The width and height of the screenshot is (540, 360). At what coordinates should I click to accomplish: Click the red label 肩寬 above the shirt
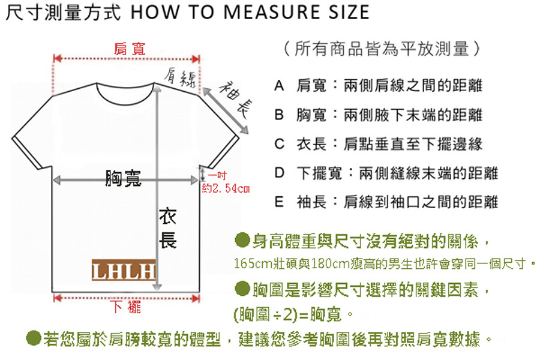[x=130, y=49]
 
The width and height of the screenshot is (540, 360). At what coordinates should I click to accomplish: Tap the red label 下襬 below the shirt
[x=125, y=307]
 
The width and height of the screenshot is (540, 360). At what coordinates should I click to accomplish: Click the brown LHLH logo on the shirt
[x=123, y=270]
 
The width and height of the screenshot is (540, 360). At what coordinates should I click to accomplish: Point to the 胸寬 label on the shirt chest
[x=123, y=178]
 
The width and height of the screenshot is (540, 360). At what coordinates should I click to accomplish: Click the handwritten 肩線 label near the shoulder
[x=180, y=78]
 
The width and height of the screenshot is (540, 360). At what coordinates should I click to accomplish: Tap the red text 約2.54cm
[x=226, y=188]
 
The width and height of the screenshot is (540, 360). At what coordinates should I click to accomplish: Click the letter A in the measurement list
[x=279, y=85]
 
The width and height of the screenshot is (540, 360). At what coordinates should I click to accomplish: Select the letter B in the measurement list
[x=279, y=115]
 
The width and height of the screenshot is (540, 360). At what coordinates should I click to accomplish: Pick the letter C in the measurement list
[x=279, y=144]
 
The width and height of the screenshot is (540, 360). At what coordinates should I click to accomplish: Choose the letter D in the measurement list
[x=279, y=173]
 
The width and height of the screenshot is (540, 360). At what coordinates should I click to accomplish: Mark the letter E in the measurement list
[x=279, y=202]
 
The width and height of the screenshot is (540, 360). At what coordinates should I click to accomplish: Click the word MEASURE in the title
[x=272, y=12]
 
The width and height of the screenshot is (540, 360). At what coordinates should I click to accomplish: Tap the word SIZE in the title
[x=349, y=12]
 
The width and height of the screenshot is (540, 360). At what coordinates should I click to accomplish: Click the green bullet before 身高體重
[x=242, y=240]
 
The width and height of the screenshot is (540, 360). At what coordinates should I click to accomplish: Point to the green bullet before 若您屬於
[x=34, y=338]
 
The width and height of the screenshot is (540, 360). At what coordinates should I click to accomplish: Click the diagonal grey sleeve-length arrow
[x=226, y=111]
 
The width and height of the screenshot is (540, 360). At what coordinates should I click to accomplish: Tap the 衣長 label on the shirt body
[x=168, y=228]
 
